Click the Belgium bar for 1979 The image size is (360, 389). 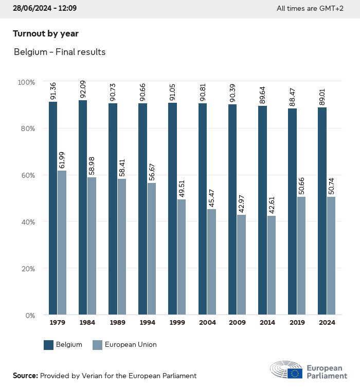point(53,208)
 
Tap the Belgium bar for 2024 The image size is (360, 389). point(322,211)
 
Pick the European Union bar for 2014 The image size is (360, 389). point(271,265)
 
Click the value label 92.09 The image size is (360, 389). point(83,90)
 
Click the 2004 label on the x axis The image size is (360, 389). point(207,323)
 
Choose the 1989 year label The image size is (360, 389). point(117,323)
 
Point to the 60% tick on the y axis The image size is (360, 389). point(27,175)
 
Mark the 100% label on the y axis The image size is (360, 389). point(26,82)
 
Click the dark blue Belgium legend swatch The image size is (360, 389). point(49,345)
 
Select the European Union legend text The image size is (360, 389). point(131,345)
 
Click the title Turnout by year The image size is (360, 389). point(46,34)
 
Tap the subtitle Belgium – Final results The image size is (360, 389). point(60,52)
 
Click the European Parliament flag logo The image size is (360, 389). point(295,373)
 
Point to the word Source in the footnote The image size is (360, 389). point(25,376)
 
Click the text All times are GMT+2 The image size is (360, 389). point(310,8)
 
